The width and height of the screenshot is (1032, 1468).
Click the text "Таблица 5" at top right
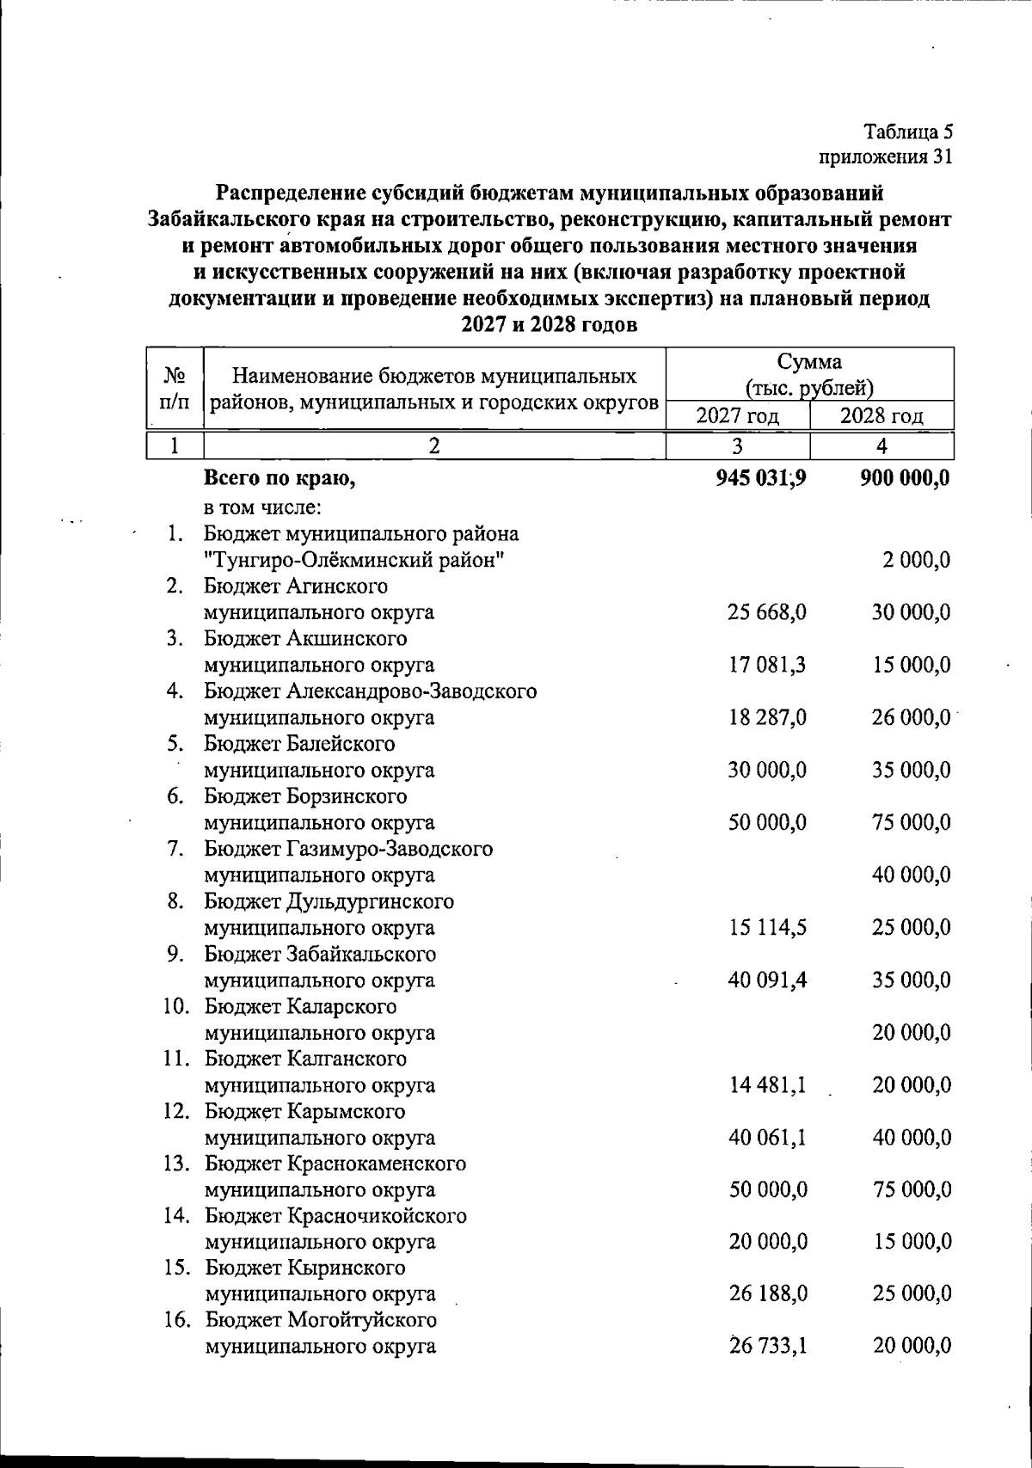908,132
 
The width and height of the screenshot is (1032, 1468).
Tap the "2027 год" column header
737,416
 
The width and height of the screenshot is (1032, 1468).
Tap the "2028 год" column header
881,416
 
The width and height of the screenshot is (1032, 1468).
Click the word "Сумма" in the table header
809,361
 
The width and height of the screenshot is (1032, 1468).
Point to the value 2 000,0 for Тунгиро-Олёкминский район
916,560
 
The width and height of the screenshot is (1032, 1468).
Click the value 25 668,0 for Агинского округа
767,612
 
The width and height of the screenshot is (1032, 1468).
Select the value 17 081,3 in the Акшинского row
767,665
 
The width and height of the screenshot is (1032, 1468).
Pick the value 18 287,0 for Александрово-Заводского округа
767,717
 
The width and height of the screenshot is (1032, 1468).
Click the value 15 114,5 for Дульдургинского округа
767,928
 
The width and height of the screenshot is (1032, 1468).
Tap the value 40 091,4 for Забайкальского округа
767,980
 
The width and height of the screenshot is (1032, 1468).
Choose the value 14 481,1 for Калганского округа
767,1085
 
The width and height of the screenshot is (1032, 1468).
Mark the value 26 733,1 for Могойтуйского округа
767,1346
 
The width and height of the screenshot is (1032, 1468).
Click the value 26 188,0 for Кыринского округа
767,1293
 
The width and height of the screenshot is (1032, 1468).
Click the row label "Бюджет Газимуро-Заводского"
348,849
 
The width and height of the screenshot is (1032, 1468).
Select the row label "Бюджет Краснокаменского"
335,1164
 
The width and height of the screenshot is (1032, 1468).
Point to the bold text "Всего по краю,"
279,478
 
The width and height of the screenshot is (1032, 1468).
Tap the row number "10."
176,1006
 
